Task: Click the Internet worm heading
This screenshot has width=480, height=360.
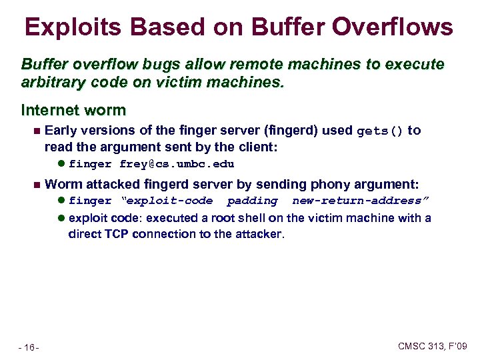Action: click(x=73, y=109)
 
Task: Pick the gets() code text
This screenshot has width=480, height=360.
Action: click(x=380, y=131)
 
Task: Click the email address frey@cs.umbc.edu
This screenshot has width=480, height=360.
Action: click(x=177, y=164)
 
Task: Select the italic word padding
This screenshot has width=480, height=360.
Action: click(x=252, y=201)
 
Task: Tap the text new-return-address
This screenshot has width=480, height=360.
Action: click(x=361, y=201)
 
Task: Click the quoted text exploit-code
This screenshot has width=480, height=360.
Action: click(x=166, y=201)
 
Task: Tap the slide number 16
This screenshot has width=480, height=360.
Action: click(x=29, y=347)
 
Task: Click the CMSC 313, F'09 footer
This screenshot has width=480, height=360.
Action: click(x=433, y=346)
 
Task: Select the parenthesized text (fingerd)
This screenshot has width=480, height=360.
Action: click(x=275, y=131)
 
